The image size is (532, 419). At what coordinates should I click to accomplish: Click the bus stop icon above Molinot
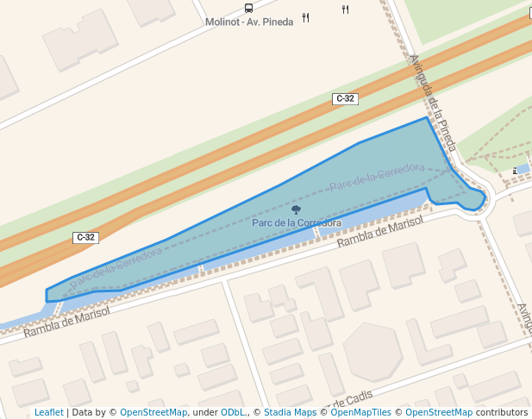[249, 8]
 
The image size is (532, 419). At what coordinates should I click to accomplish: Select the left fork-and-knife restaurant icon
[306, 17]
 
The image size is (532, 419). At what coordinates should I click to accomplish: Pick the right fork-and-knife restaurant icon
[345, 9]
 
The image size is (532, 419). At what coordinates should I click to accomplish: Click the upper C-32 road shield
[345, 99]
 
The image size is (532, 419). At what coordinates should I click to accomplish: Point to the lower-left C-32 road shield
[85, 237]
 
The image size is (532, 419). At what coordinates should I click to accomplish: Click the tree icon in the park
[297, 209]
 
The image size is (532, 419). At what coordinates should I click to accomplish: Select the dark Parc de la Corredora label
[297, 222]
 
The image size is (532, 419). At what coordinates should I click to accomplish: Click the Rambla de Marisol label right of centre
[380, 231]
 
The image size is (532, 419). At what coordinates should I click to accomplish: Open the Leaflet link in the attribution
[48, 412]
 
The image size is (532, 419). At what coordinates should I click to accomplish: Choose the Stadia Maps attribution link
[290, 412]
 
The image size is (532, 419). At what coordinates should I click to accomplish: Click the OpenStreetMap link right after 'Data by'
[153, 412]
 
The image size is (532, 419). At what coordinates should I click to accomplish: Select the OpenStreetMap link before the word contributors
[439, 412]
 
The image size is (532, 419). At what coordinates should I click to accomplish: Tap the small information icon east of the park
[516, 171]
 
